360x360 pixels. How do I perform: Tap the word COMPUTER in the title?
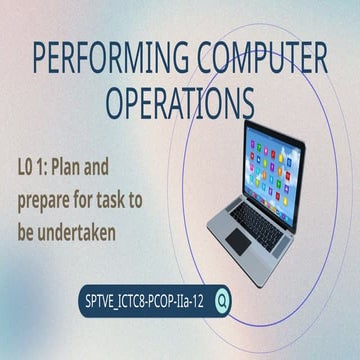[263, 59]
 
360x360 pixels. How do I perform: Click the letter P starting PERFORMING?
[41, 59]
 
